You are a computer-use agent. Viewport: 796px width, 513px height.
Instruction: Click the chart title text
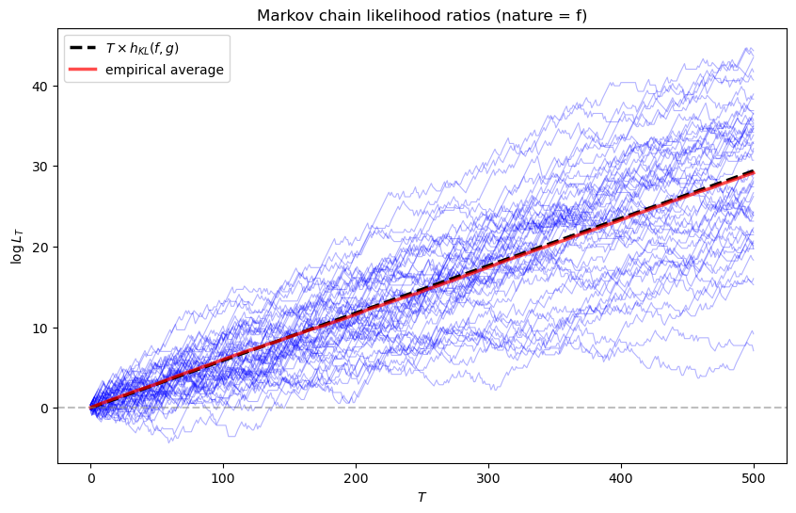pyautogui.click(x=422, y=15)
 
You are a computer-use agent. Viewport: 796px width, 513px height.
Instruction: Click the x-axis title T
pyautogui.click(x=422, y=497)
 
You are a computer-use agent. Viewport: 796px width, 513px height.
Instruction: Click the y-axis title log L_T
pyautogui.click(x=16, y=247)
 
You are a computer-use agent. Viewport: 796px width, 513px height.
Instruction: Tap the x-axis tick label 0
pyautogui.click(x=90, y=478)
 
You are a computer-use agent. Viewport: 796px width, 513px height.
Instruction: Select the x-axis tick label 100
pyautogui.click(x=223, y=478)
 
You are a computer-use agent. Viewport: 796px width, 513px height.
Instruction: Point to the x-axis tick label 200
pyautogui.click(x=356, y=478)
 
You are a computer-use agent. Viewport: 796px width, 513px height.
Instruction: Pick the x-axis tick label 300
pyautogui.click(x=488, y=478)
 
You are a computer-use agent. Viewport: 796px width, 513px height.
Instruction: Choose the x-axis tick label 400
pyautogui.click(x=621, y=478)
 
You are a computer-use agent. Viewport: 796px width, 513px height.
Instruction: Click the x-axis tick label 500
pyautogui.click(x=754, y=478)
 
